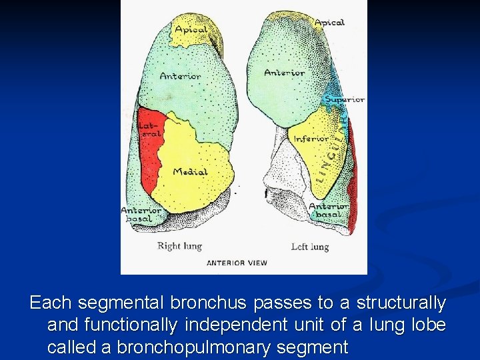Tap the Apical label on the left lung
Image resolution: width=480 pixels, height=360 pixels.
pos(329,23)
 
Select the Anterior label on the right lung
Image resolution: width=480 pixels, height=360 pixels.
pos(180,76)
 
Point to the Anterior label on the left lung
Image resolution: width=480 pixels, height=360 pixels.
pos(285,73)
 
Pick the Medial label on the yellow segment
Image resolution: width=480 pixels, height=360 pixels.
pos(190,172)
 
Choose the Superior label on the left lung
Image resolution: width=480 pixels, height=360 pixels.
pos(344,99)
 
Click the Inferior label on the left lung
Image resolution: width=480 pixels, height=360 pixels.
pos(311,139)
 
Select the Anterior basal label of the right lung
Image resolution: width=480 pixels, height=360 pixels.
pos(141,215)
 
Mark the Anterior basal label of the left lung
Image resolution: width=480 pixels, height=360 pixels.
pos(329,211)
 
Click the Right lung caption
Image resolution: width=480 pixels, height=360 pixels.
pos(179,247)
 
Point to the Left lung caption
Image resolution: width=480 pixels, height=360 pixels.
pos(310,247)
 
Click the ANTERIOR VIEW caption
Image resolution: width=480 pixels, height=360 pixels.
pos(237,263)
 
